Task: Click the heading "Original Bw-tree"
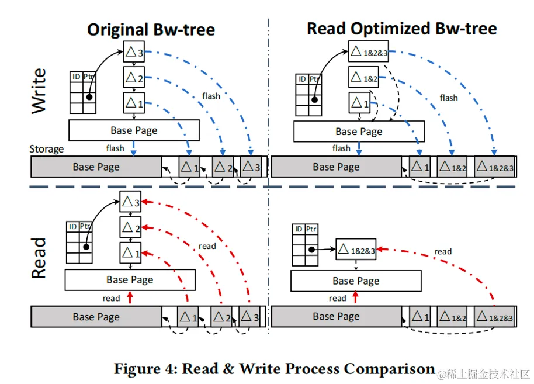[151, 29]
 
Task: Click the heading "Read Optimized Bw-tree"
[401, 28]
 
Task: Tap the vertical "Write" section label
[39, 90]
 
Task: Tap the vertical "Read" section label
[39, 258]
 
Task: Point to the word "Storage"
[46, 149]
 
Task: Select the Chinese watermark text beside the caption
[484, 373]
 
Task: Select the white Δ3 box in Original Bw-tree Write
[134, 53]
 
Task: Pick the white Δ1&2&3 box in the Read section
[356, 250]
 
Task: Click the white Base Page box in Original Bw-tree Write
[134, 130]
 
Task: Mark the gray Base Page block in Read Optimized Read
[336, 317]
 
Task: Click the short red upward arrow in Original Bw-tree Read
[130, 298]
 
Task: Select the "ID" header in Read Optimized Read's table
[299, 230]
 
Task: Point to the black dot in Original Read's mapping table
[86, 246]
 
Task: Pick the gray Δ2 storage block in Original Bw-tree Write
[221, 167]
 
